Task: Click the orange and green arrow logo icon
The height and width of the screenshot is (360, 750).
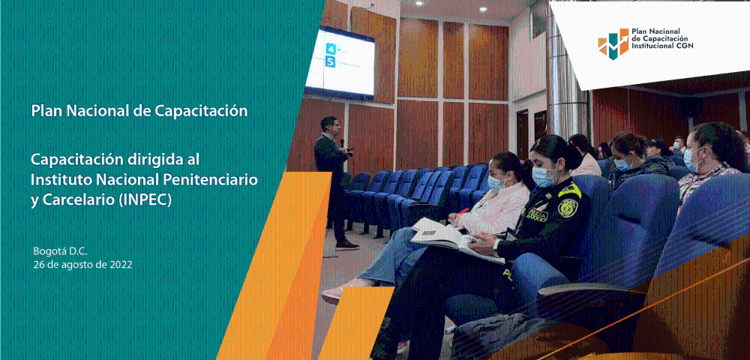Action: pos(613,43)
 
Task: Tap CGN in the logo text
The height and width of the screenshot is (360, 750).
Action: pos(684,46)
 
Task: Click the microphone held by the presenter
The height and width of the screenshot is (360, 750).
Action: pos(342,142)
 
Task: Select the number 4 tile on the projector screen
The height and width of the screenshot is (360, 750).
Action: pos(331,49)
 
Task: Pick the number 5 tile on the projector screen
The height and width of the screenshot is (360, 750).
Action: pos(330,61)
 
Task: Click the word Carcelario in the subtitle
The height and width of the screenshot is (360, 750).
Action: pos(79,200)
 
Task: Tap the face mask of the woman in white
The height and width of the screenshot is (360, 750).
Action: pos(496,184)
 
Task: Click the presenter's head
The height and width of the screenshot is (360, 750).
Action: pos(328,124)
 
